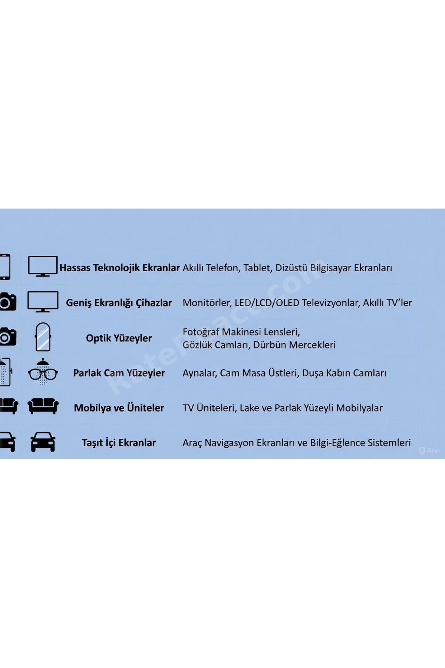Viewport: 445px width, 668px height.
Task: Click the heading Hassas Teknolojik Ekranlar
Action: pyautogui.click(x=120, y=268)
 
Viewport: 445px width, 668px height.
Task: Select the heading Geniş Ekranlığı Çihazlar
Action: pyautogui.click(x=119, y=303)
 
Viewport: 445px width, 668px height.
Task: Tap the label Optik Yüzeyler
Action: pyautogui.click(x=119, y=338)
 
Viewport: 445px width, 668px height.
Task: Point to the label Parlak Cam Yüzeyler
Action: pyautogui.click(x=119, y=373)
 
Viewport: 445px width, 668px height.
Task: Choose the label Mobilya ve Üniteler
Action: pyautogui.click(x=119, y=408)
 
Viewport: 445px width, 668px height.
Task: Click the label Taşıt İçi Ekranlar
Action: pyautogui.click(x=119, y=443)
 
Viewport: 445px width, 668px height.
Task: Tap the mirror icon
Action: pyautogui.click(x=43, y=337)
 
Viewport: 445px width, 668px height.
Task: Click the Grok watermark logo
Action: pyautogui.click(x=429, y=451)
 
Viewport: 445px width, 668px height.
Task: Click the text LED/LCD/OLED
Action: pyautogui.click(x=267, y=303)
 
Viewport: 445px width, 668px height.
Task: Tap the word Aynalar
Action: pyautogui.click(x=200, y=373)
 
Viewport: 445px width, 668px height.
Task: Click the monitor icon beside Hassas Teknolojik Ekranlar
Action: pyautogui.click(x=43, y=266)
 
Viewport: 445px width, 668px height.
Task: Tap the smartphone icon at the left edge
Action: pyautogui.click(x=5, y=267)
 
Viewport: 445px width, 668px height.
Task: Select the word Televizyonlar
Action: pyautogui.click(x=331, y=303)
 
